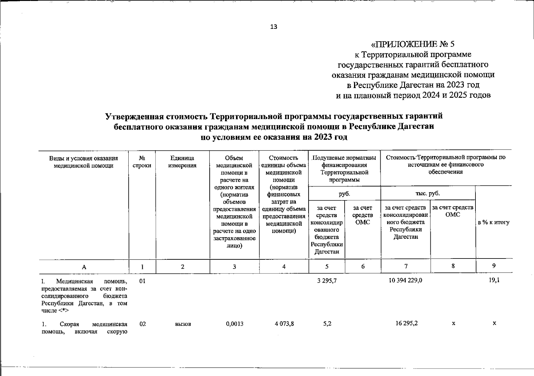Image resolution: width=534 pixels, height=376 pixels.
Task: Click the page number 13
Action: pyautogui.click(x=273, y=27)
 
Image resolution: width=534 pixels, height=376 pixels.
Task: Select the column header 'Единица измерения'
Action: pyautogui.click(x=182, y=162)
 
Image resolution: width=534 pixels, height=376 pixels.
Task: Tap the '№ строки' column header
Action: pyautogui.click(x=142, y=162)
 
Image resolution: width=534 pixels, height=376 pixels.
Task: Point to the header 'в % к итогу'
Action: pyautogui.click(x=494, y=222)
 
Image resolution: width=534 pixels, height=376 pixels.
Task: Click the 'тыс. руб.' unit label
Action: pyautogui.click(x=428, y=194)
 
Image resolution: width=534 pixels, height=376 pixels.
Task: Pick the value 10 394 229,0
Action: pyautogui.click(x=405, y=281)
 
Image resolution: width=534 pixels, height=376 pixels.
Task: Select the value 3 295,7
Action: pyautogui.click(x=326, y=281)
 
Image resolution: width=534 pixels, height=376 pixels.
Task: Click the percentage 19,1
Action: pyautogui.click(x=494, y=280)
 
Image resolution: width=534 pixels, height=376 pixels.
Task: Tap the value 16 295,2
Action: pyautogui.click(x=406, y=323)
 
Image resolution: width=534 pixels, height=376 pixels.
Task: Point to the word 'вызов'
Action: pyautogui.click(x=183, y=324)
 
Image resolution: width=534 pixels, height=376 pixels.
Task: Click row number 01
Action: pyautogui.click(x=142, y=281)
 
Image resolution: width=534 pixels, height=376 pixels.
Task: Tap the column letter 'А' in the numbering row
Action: pyautogui.click(x=84, y=267)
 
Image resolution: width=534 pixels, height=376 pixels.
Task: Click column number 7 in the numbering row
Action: pyautogui.click(x=406, y=266)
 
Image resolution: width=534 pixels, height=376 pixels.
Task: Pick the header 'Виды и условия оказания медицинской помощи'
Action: pyautogui.click(x=84, y=162)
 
